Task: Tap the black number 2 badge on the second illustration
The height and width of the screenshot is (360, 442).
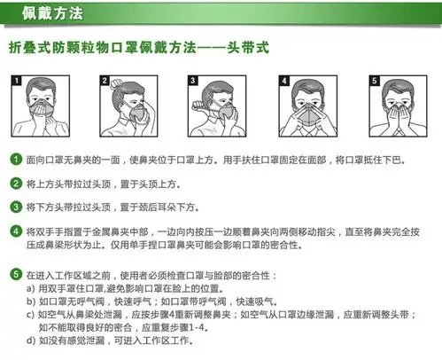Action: [105, 80]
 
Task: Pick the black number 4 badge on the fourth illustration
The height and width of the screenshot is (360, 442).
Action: [283, 80]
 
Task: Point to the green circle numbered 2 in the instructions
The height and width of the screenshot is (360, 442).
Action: [15, 184]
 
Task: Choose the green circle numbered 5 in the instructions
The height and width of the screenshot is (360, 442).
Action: [15, 276]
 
